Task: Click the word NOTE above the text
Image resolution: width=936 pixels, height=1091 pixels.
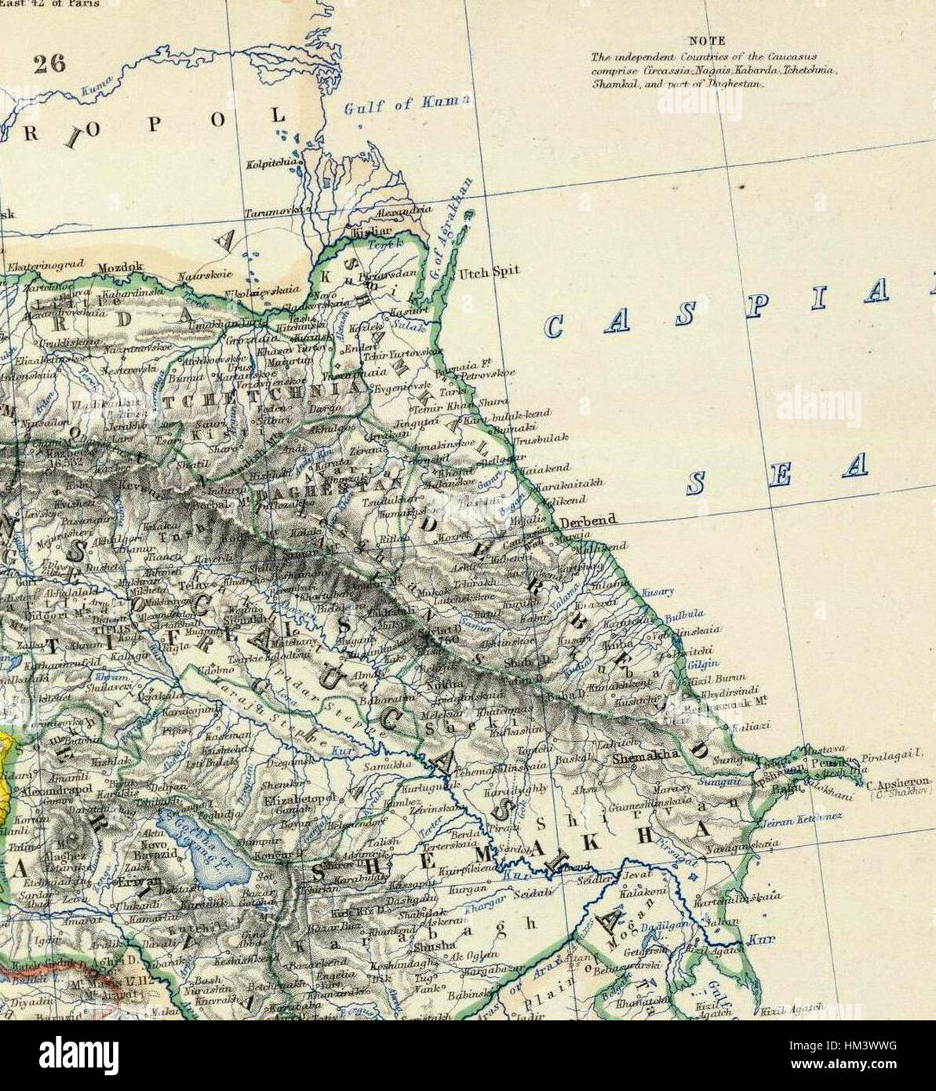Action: coord(707,41)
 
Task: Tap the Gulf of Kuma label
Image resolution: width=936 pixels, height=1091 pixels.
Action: coord(407,104)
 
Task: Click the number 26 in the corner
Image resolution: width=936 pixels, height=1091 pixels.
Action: coord(49,64)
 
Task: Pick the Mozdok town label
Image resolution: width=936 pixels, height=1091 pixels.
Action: coord(120,268)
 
